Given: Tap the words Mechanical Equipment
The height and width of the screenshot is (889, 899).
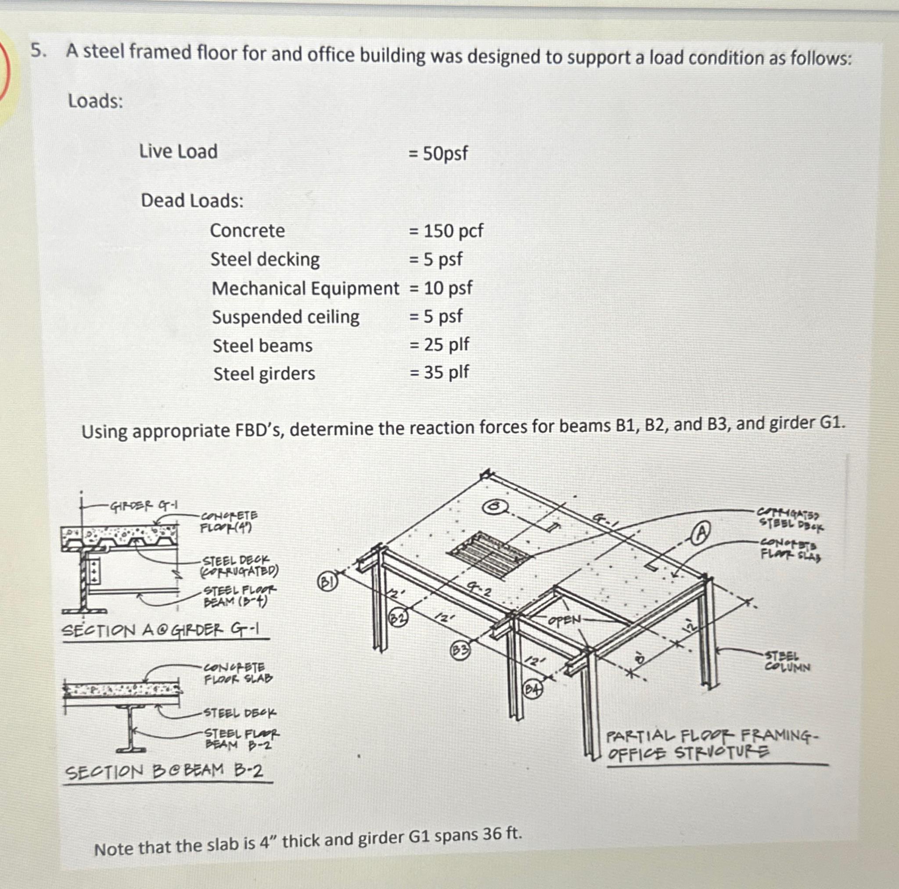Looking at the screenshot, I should click(x=305, y=288).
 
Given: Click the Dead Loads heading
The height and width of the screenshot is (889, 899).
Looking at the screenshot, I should click(x=192, y=201).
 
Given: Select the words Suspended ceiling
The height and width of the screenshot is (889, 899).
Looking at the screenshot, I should click(x=286, y=317).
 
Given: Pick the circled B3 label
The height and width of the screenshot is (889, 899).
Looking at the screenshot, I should click(x=460, y=650).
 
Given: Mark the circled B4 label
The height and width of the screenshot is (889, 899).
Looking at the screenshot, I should click(x=533, y=689).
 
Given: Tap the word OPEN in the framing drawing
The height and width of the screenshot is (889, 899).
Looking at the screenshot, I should click(x=565, y=620).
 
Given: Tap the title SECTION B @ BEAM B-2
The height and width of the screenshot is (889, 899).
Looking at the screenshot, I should click(x=164, y=771).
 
